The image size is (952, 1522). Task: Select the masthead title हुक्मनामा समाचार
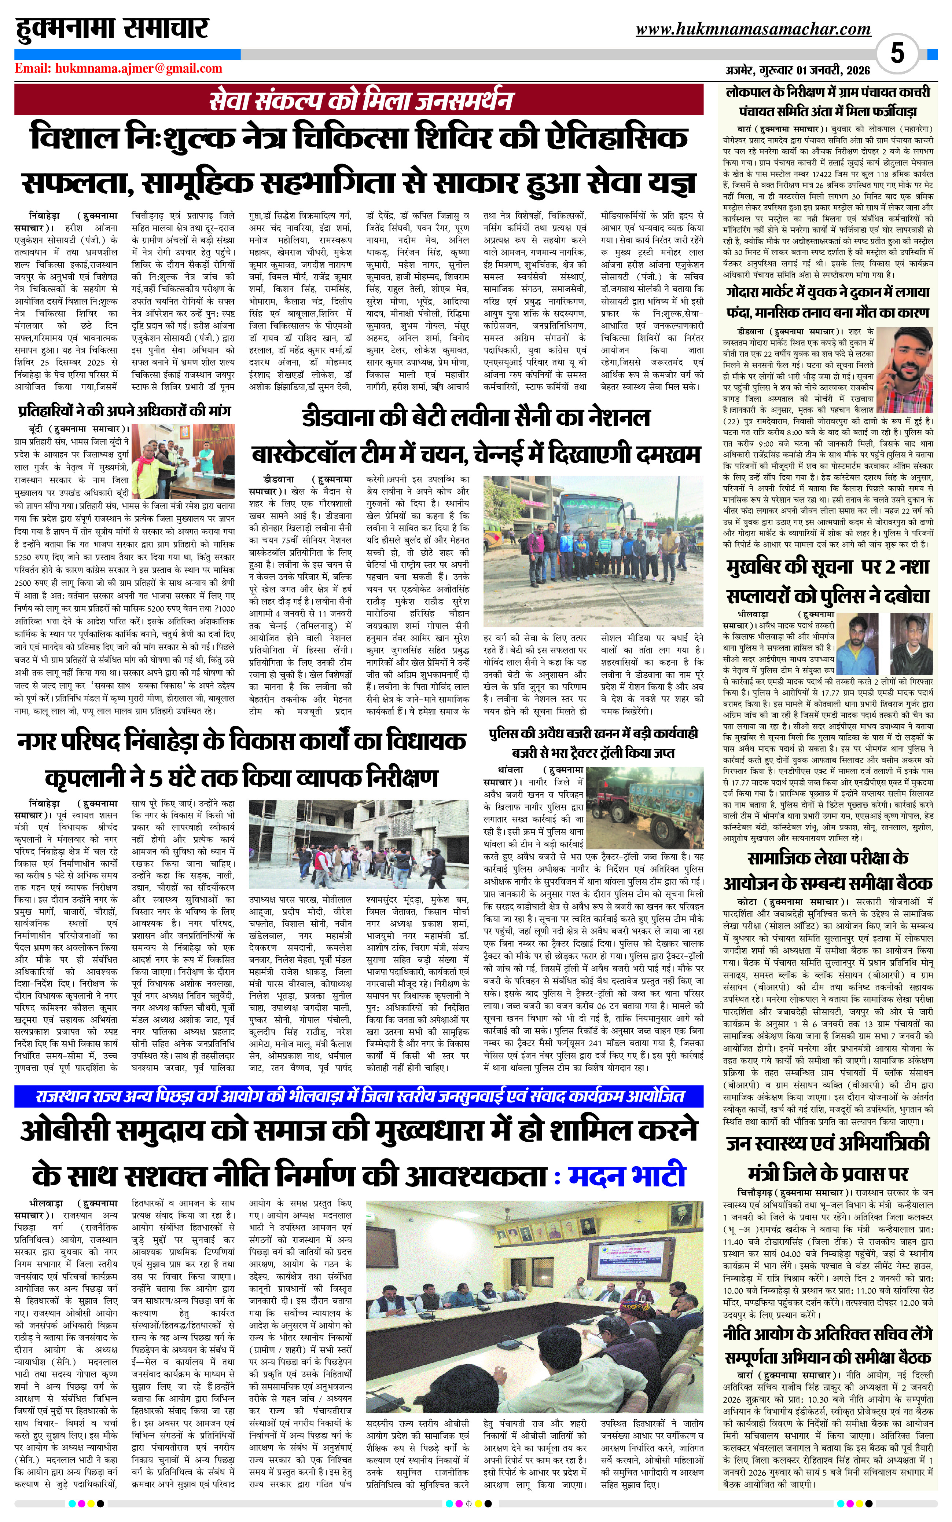[112, 29]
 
